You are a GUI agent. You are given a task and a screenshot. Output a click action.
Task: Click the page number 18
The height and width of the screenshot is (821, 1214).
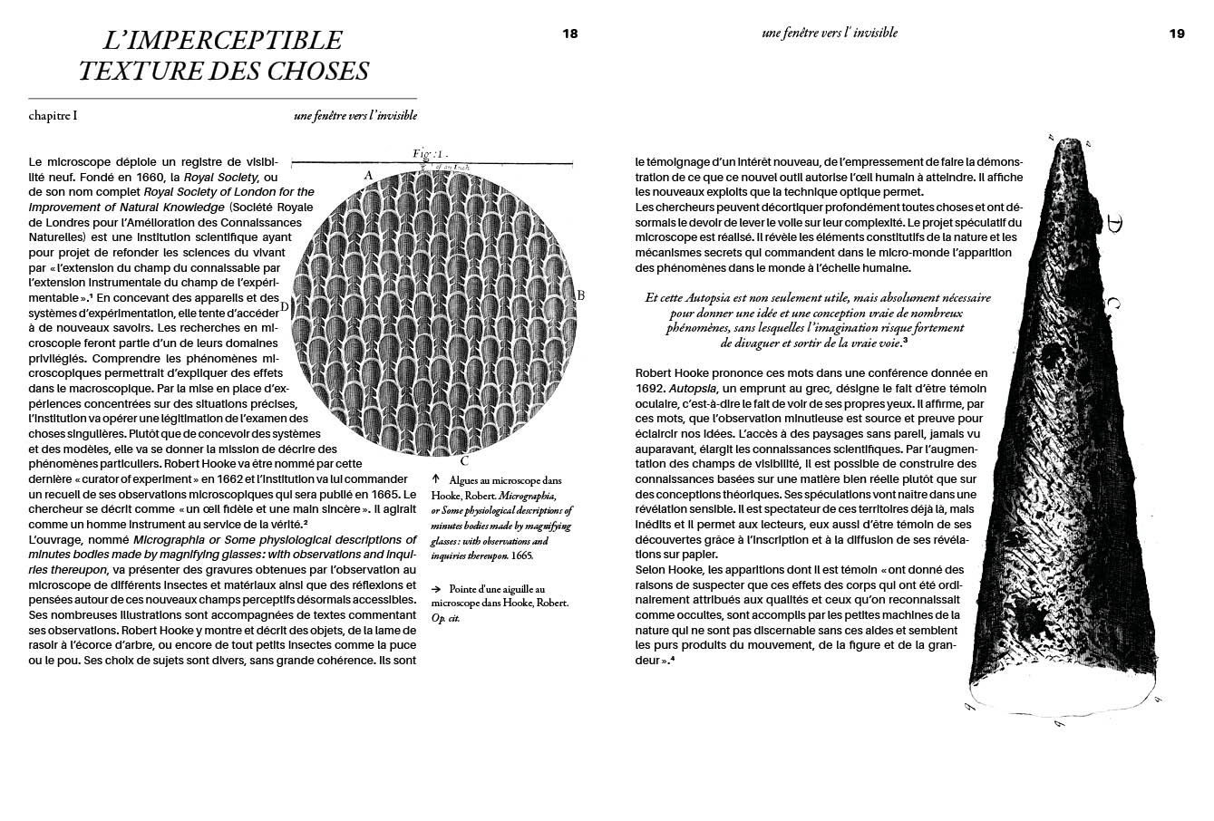569,34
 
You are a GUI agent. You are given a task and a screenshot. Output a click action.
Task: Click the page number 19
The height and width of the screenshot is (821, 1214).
1176,34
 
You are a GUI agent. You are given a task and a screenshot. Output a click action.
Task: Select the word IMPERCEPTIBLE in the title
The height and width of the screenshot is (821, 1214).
222,41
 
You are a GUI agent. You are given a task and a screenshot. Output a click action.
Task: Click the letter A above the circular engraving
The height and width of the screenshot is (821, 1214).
368,174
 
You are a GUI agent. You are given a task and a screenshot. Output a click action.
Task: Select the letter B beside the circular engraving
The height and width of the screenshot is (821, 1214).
581,295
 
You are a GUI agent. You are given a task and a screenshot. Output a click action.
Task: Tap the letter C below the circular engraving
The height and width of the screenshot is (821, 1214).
463,460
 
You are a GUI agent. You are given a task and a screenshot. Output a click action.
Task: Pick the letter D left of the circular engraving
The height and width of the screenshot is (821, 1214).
284,306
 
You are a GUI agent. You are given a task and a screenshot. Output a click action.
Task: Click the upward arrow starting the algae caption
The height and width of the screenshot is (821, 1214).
436,479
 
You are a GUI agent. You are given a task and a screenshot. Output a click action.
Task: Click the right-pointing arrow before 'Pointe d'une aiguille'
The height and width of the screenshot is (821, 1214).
437,588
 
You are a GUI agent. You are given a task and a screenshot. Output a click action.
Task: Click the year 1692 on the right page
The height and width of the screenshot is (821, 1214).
651,388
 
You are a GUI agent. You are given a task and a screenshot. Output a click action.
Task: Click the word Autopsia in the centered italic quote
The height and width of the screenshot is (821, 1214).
715,298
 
